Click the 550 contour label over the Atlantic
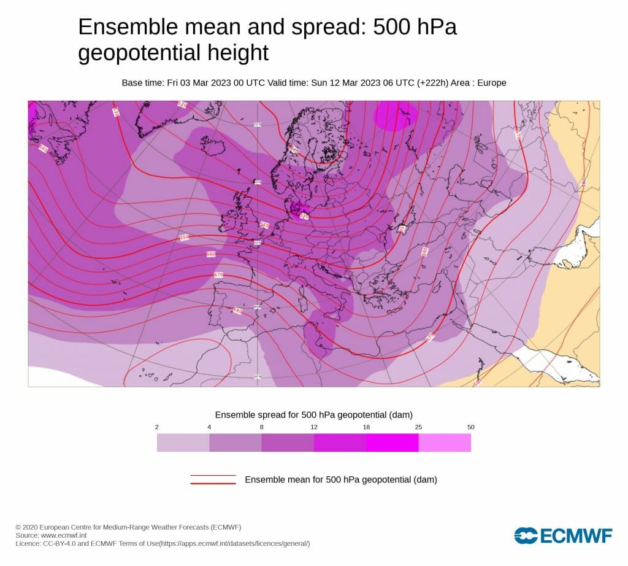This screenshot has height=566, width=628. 185,237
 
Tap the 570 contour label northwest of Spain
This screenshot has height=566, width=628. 218,274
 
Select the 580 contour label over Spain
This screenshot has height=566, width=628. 238,311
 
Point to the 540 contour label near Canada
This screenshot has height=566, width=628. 43,149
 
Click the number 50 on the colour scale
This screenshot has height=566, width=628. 470,427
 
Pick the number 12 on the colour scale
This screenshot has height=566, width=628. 314,427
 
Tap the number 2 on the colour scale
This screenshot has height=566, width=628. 157,427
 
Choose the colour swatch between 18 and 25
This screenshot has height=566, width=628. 392,443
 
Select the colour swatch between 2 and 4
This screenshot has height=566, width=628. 183,443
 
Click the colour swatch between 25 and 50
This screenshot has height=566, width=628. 445,443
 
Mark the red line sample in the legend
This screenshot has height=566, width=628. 213,479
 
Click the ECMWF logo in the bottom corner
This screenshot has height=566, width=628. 563,535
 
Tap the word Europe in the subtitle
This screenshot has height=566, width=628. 491,83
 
